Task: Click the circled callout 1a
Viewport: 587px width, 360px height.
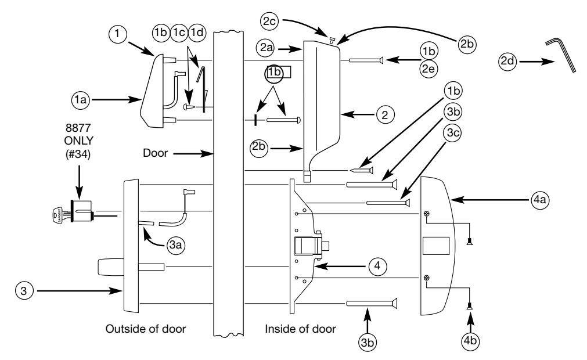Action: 81,99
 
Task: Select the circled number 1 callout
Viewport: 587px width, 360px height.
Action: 117,34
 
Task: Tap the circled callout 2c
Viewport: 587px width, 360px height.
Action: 269,21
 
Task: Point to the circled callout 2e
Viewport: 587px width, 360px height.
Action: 428,69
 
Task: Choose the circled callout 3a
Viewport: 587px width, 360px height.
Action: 175,245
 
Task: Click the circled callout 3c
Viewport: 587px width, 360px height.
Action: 453,132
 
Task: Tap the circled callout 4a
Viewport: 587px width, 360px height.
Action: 540,200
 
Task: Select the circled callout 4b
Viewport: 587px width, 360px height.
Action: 470,341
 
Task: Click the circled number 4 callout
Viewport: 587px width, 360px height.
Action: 377,266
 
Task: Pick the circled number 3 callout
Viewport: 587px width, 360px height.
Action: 24,291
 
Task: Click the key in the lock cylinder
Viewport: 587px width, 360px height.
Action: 60,215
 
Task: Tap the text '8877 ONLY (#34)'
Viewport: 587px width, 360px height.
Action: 78,141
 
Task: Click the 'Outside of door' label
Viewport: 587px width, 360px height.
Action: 146,329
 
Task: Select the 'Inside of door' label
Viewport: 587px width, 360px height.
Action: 300,329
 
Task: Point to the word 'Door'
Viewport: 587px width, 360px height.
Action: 156,153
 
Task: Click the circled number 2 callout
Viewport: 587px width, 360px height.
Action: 385,114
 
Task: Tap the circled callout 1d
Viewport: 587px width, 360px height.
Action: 197,33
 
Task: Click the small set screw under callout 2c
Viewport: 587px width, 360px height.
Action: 332,40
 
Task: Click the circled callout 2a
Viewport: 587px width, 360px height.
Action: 266,48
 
